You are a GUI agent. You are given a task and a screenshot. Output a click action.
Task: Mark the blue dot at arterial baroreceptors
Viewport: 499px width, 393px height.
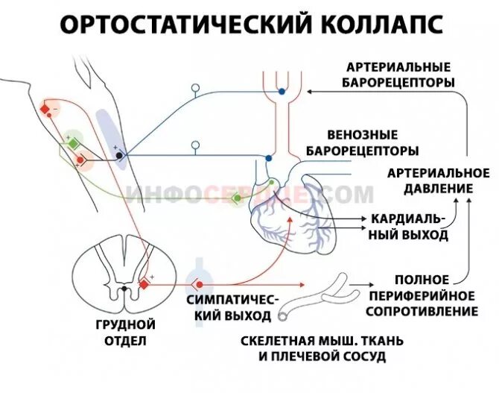click(282, 91)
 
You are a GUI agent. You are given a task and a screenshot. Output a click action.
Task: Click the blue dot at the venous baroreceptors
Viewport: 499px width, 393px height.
click(270, 158)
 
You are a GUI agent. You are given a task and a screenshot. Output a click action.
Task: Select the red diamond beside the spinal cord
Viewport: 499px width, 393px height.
click(144, 283)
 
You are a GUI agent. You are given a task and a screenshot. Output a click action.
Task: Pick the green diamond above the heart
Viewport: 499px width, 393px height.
click(238, 198)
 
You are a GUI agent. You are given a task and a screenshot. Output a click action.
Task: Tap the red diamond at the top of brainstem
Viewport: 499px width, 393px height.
click(45, 110)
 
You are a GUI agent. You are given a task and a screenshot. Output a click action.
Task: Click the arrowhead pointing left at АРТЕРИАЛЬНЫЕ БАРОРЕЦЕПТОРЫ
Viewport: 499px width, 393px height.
click(311, 91)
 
